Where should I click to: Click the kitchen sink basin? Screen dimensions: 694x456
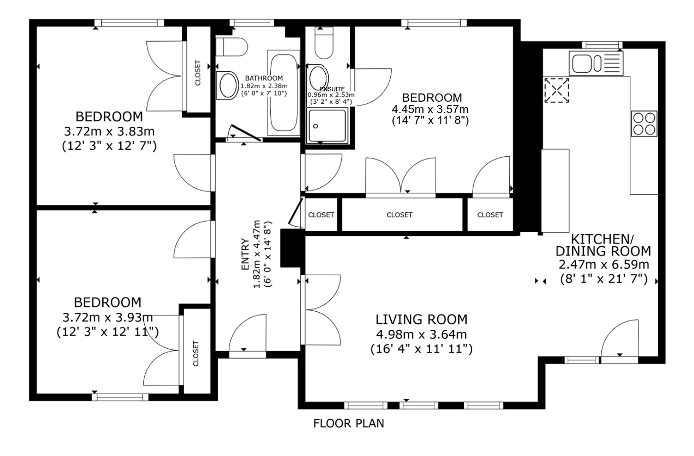pos(596,63)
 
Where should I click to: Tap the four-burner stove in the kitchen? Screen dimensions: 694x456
pos(644,124)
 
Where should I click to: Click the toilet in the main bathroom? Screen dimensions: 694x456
pos(231,47)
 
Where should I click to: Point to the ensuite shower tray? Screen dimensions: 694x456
pos(327,126)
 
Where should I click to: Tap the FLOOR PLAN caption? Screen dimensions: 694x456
pos(349,424)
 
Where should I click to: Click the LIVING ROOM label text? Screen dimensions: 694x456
pos(422,319)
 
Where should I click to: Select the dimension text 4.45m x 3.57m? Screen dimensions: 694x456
pos(430,109)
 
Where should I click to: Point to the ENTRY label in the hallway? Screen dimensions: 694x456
pos(245,254)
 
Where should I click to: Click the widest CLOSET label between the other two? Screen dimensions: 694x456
pos(399,215)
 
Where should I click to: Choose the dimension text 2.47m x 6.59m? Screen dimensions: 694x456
pos(604,265)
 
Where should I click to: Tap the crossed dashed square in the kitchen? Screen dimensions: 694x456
pos(557,90)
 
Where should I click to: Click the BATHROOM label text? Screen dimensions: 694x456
pos(264,78)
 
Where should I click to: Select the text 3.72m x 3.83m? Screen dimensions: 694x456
pos(109,132)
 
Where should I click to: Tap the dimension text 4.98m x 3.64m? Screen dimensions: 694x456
pos(422,335)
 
